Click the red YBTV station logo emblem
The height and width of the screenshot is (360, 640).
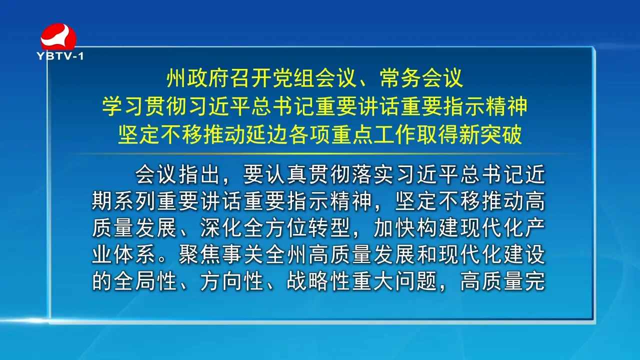point(58,37)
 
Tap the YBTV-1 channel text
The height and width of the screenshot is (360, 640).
point(60,56)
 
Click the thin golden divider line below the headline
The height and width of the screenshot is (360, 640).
point(323,154)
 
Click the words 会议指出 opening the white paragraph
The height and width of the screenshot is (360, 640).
point(177,174)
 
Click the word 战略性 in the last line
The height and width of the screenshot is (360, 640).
point(318,281)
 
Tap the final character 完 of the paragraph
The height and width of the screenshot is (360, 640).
point(535,281)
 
